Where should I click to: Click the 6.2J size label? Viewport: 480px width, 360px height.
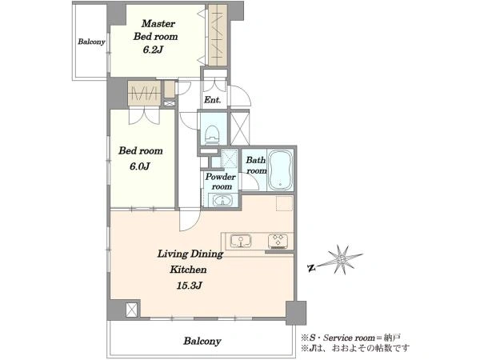click(x=153, y=50)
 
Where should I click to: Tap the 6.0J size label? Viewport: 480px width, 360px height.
click(x=139, y=166)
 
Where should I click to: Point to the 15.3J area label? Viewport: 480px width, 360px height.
click(x=189, y=286)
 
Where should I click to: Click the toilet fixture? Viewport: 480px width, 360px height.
click(x=213, y=134)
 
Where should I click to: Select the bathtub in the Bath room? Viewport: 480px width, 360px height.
click(x=280, y=170)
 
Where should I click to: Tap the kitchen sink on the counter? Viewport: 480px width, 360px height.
click(x=241, y=241)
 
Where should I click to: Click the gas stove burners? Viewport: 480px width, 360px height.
click(x=278, y=241)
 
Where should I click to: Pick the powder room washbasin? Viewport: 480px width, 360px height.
click(x=222, y=201)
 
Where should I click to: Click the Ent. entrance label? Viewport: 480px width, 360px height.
click(x=213, y=99)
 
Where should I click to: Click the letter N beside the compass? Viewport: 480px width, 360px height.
click(x=312, y=269)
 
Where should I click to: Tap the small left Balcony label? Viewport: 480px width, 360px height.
click(x=91, y=42)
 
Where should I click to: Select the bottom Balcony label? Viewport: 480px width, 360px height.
click(x=202, y=341)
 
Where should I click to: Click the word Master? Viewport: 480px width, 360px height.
click(x=158, y=23)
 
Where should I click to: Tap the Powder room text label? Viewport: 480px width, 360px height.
click(x=221, y=182)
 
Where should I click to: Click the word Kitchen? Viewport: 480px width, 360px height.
click(x=188, y=270)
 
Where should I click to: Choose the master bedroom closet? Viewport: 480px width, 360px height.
click(x=218, y=35)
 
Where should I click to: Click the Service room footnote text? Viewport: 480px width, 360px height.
click(x=351, y=338)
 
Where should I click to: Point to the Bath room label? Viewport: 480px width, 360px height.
click(x=256, y=165)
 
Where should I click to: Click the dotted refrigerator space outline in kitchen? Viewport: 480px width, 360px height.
click(x=284, y=203)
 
